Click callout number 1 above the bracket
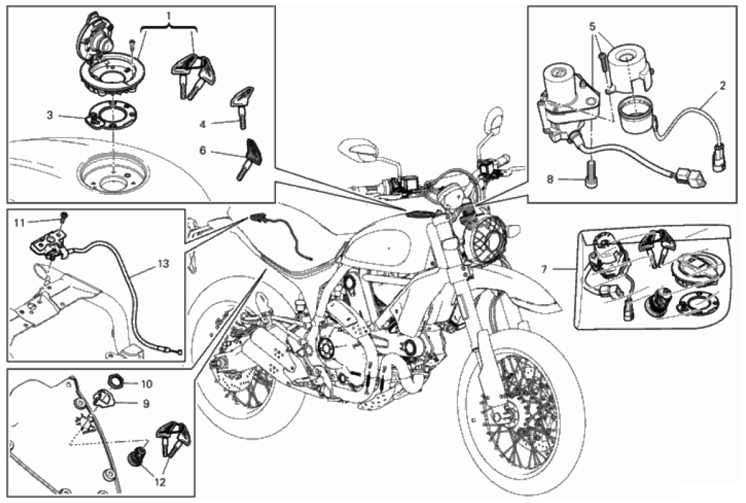(x=169, y=13)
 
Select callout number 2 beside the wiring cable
(x=723, y=84)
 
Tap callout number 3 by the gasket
(x=49, y=115)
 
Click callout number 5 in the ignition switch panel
(x=591, y=28)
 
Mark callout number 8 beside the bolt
(x=550, y=179)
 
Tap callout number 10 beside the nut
(x=146, y=384)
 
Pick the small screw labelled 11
(x=65, y=219)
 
